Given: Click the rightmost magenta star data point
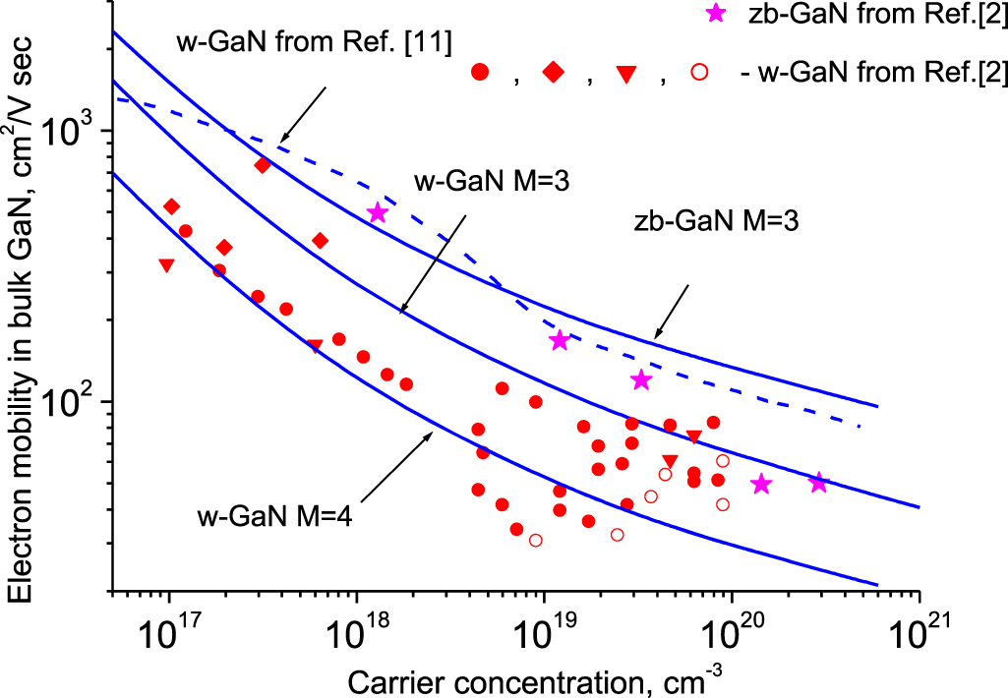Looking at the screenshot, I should click(x=818, y=482).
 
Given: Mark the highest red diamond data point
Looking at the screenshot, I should click(x=263, y=165).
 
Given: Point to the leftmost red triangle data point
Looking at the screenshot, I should click(x=166, y=265).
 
